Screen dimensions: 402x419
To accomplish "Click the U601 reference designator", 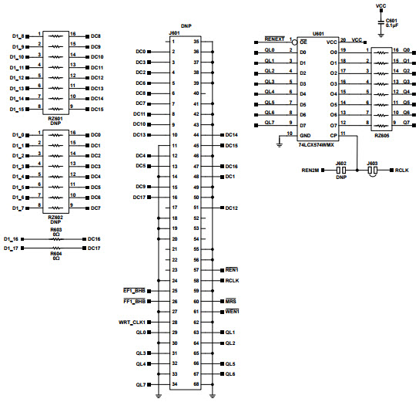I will (317, 34).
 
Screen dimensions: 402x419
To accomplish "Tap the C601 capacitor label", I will (392, 21).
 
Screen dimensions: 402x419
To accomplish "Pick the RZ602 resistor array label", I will (55, 218).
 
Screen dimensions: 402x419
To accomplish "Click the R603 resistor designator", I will (55, 230).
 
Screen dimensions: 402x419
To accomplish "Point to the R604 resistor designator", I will (55, 252).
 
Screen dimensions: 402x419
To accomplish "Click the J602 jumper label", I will (340, 163).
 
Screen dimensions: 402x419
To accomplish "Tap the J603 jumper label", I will (372, 163).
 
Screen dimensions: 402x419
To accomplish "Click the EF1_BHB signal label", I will (133, 290).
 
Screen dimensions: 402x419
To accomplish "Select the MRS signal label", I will (230, 301).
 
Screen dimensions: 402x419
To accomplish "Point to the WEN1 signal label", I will (231, 312).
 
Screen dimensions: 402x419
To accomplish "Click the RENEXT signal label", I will (275, 39).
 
